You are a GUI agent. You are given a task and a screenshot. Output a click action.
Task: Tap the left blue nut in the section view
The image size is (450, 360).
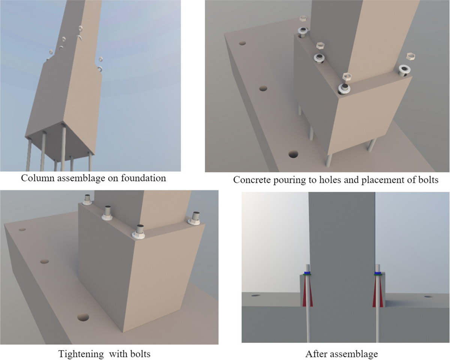tap(307, 273)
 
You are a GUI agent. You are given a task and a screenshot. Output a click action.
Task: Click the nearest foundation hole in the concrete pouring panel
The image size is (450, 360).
tap(293, 154)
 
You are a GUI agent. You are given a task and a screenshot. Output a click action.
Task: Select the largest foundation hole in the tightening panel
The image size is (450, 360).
tap(83, 317)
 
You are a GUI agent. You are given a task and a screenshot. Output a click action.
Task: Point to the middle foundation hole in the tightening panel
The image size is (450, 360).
tap(44, 261)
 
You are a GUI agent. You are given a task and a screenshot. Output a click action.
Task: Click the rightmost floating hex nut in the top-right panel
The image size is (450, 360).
tap(411, 57)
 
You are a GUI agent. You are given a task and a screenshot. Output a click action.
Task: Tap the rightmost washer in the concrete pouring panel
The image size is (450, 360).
tap(405, 70)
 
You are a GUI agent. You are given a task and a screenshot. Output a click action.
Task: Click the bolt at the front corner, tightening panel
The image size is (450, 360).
tap(139, 232)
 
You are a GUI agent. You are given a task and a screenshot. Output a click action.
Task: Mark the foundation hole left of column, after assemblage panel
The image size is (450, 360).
tap(255, 296)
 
